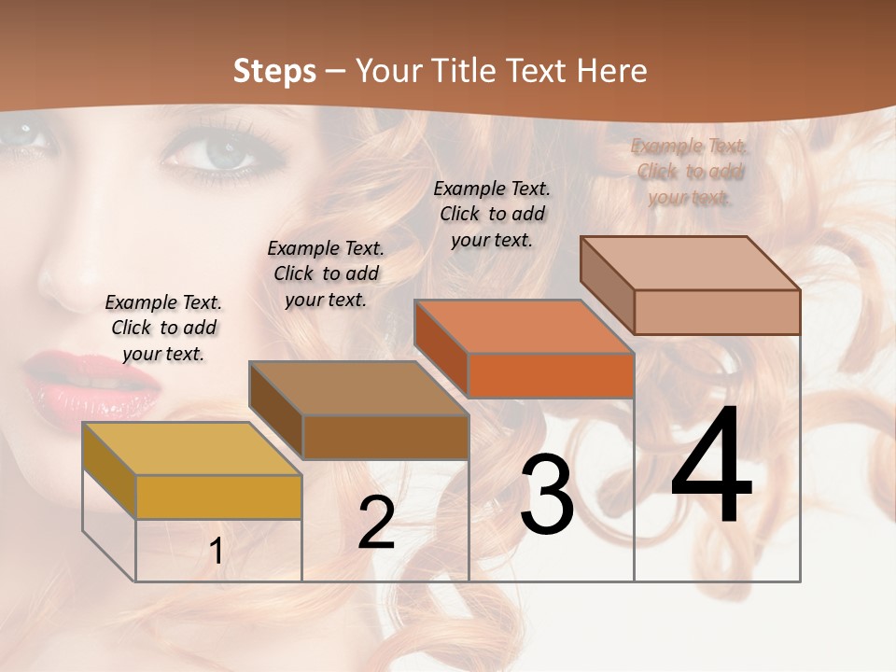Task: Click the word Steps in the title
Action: tap(273, 71)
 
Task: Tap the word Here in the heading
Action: tap(612, 71)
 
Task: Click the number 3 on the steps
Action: tap(547, 495)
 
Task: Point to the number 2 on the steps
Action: tap(376, 523)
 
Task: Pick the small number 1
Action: tap(216, 552)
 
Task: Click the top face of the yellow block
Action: tap(191, 449)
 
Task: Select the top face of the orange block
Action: tap(523, 327)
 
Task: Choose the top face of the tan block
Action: tap(689, 263)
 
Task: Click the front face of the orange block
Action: tap(551, 375)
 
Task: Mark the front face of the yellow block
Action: tap(218, 497)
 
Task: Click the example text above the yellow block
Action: tap(163, 328)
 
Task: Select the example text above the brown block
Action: tap(326, 273)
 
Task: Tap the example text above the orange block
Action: tap(492, 214)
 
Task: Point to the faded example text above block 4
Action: tap(690, 172)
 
